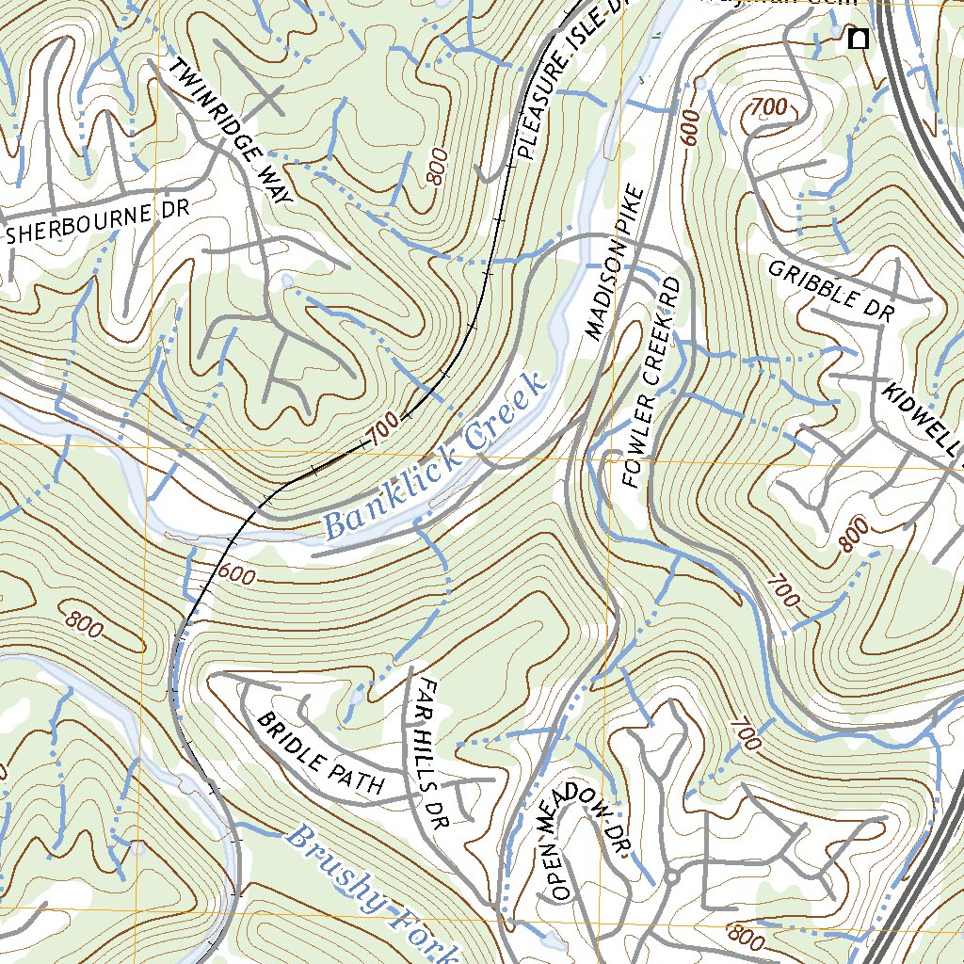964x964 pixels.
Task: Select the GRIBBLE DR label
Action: (x=830, y=292)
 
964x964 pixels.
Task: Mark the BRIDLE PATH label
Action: (x=320, y=754)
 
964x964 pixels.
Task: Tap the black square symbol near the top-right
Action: (x=858, y=39)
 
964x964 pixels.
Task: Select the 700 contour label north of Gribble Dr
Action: (x=769, y=108)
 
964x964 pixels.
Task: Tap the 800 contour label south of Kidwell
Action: (x=852, y=537)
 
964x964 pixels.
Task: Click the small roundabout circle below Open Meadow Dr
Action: (x=671, y=877)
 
